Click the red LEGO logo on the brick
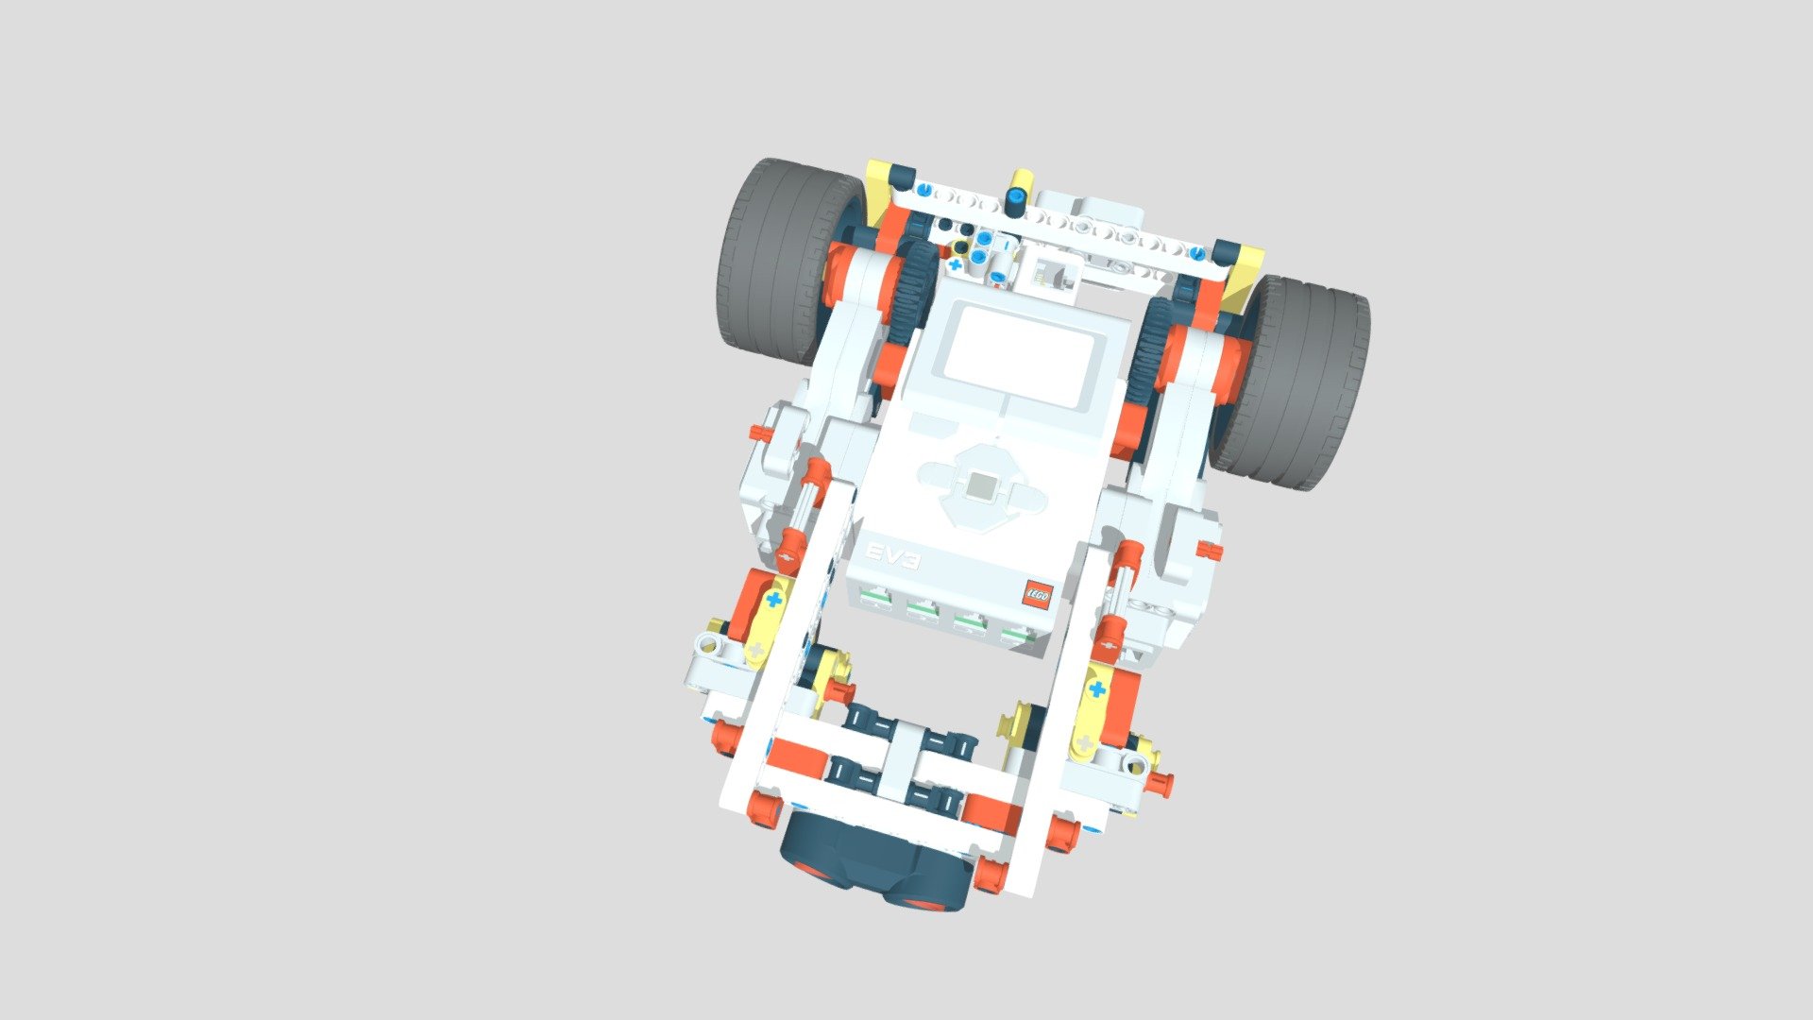tap(1037, 594)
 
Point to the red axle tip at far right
tap(1210, 551)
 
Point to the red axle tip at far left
tap(758, 433)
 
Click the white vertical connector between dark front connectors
tap(902, 756)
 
